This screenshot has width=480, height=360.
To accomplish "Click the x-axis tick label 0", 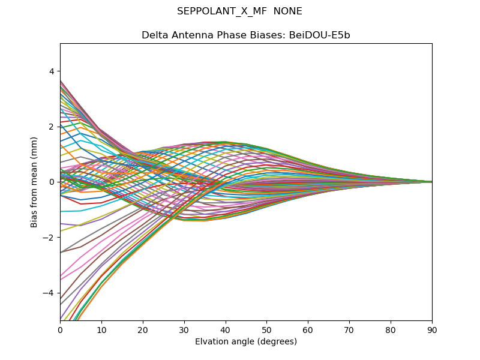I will (60, 329).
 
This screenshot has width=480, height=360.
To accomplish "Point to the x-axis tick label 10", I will (101, 329).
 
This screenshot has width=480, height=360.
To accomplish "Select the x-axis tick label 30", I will (184, 329).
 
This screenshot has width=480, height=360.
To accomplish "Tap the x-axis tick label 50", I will (266, 329).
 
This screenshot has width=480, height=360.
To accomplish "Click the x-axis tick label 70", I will (349, 329).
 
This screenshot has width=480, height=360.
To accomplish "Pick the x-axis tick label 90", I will (432, 329).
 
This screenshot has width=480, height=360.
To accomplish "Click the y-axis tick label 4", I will (52, 71).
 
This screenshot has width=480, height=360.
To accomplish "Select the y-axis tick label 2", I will (52, 126).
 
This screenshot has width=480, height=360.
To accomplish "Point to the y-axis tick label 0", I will (52, 182).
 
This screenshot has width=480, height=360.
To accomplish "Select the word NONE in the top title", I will (289, 11).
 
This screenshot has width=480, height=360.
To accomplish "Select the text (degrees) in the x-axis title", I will (277, 342).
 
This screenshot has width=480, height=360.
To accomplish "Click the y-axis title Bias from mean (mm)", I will (34, 182).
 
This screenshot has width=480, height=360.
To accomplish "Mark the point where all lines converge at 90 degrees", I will (431, 182).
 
